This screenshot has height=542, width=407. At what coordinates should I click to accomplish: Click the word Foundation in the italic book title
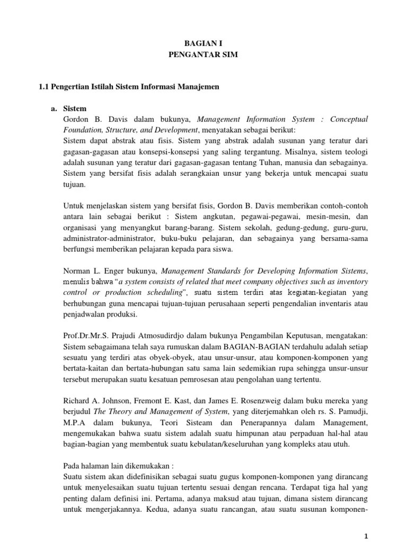[x=82, y=130]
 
